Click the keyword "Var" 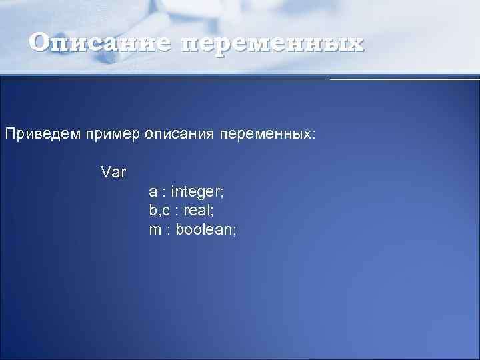click(x=113, y=172)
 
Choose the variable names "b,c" click(x=159, y=211)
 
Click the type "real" click(x=198, y=211)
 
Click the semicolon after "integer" click(x=223, y=193)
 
